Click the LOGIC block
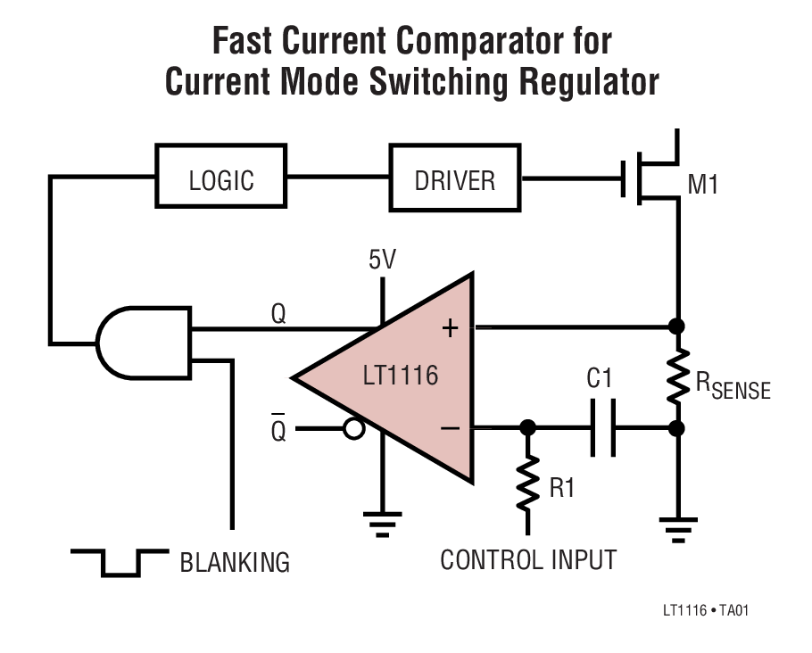pyautogui.click(x=221, y=179)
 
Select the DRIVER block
pyautogui.click(x=454, y=179)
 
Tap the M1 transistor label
pyautogui.click(x=704, y=186)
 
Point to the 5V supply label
pyautogui.click(x=382, y=260)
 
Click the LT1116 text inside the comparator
pyautogui.click(x=401, y=376)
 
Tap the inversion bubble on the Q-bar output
pyautogui.click(x=354, y=429)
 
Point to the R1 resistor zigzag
pyautogui.click(x=528, y=482)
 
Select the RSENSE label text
pyautogui.click(x=732, y=387)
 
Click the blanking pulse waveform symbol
pyautogui.click(x=119, y=561)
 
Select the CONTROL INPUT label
pyautogui.click(x=528, y=560)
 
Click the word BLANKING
pyautogui.click(x=235, y=563)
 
